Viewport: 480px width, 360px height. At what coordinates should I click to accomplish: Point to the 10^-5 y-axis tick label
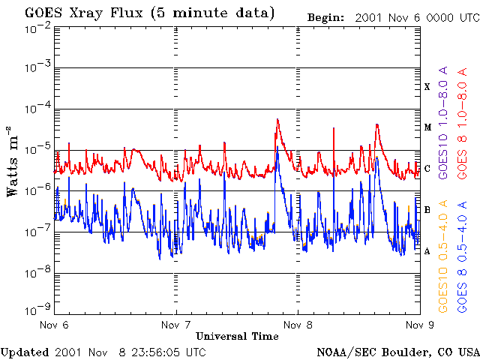[38, 151]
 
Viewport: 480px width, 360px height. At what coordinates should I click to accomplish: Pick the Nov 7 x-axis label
[175, 325]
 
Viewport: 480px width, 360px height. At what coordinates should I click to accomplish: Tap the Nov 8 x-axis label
[298, 325]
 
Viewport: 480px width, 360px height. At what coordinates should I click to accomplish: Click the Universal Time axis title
[237, 337]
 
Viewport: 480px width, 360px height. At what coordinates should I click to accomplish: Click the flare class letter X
[427, 87]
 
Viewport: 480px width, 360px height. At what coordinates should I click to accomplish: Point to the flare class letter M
[427, 127]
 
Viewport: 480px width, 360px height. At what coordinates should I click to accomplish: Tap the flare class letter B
[427, 209]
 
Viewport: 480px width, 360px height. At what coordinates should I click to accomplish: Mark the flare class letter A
[427, 250]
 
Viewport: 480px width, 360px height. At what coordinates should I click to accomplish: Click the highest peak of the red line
[277, 119]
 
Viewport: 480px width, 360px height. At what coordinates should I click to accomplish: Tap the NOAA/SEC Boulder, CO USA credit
[397, 352]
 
